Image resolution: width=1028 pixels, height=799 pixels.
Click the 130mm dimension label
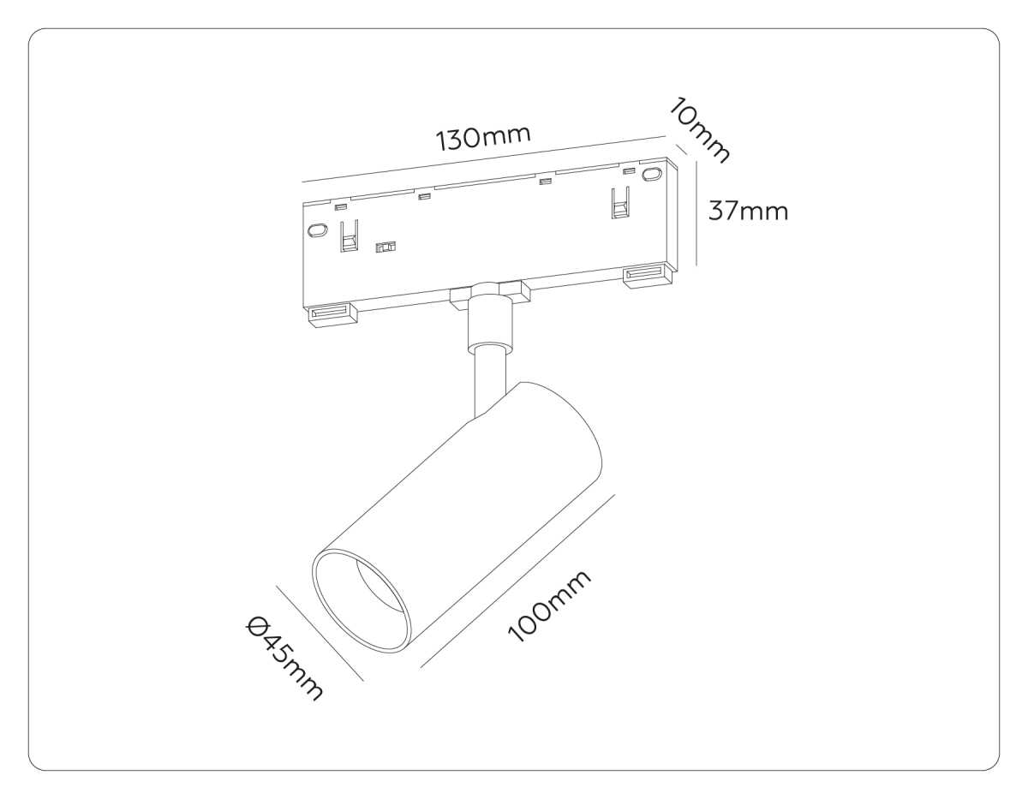pyautogui.click(x=484, y=137)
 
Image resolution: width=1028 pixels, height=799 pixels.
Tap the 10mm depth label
pyautogui.click(x=700, y=130)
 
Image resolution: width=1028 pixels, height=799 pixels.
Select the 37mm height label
pyautogui.click(x=747, y=211)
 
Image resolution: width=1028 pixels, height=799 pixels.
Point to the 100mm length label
pyautogui.click(x=549, y=606)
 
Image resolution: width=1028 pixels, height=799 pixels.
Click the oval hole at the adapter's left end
pyautogui.click(x=317, y=230)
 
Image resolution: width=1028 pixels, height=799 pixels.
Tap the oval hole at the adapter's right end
pyautogui.click(x=653, y=174)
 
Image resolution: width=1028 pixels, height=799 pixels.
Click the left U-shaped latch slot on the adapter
pyautogui.click(x=349, y=236)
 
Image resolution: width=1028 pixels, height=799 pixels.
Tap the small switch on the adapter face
pyautogui.click(x=386, y=247)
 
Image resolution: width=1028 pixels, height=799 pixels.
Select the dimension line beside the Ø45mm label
pyautogui.click(x=319, y=633)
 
